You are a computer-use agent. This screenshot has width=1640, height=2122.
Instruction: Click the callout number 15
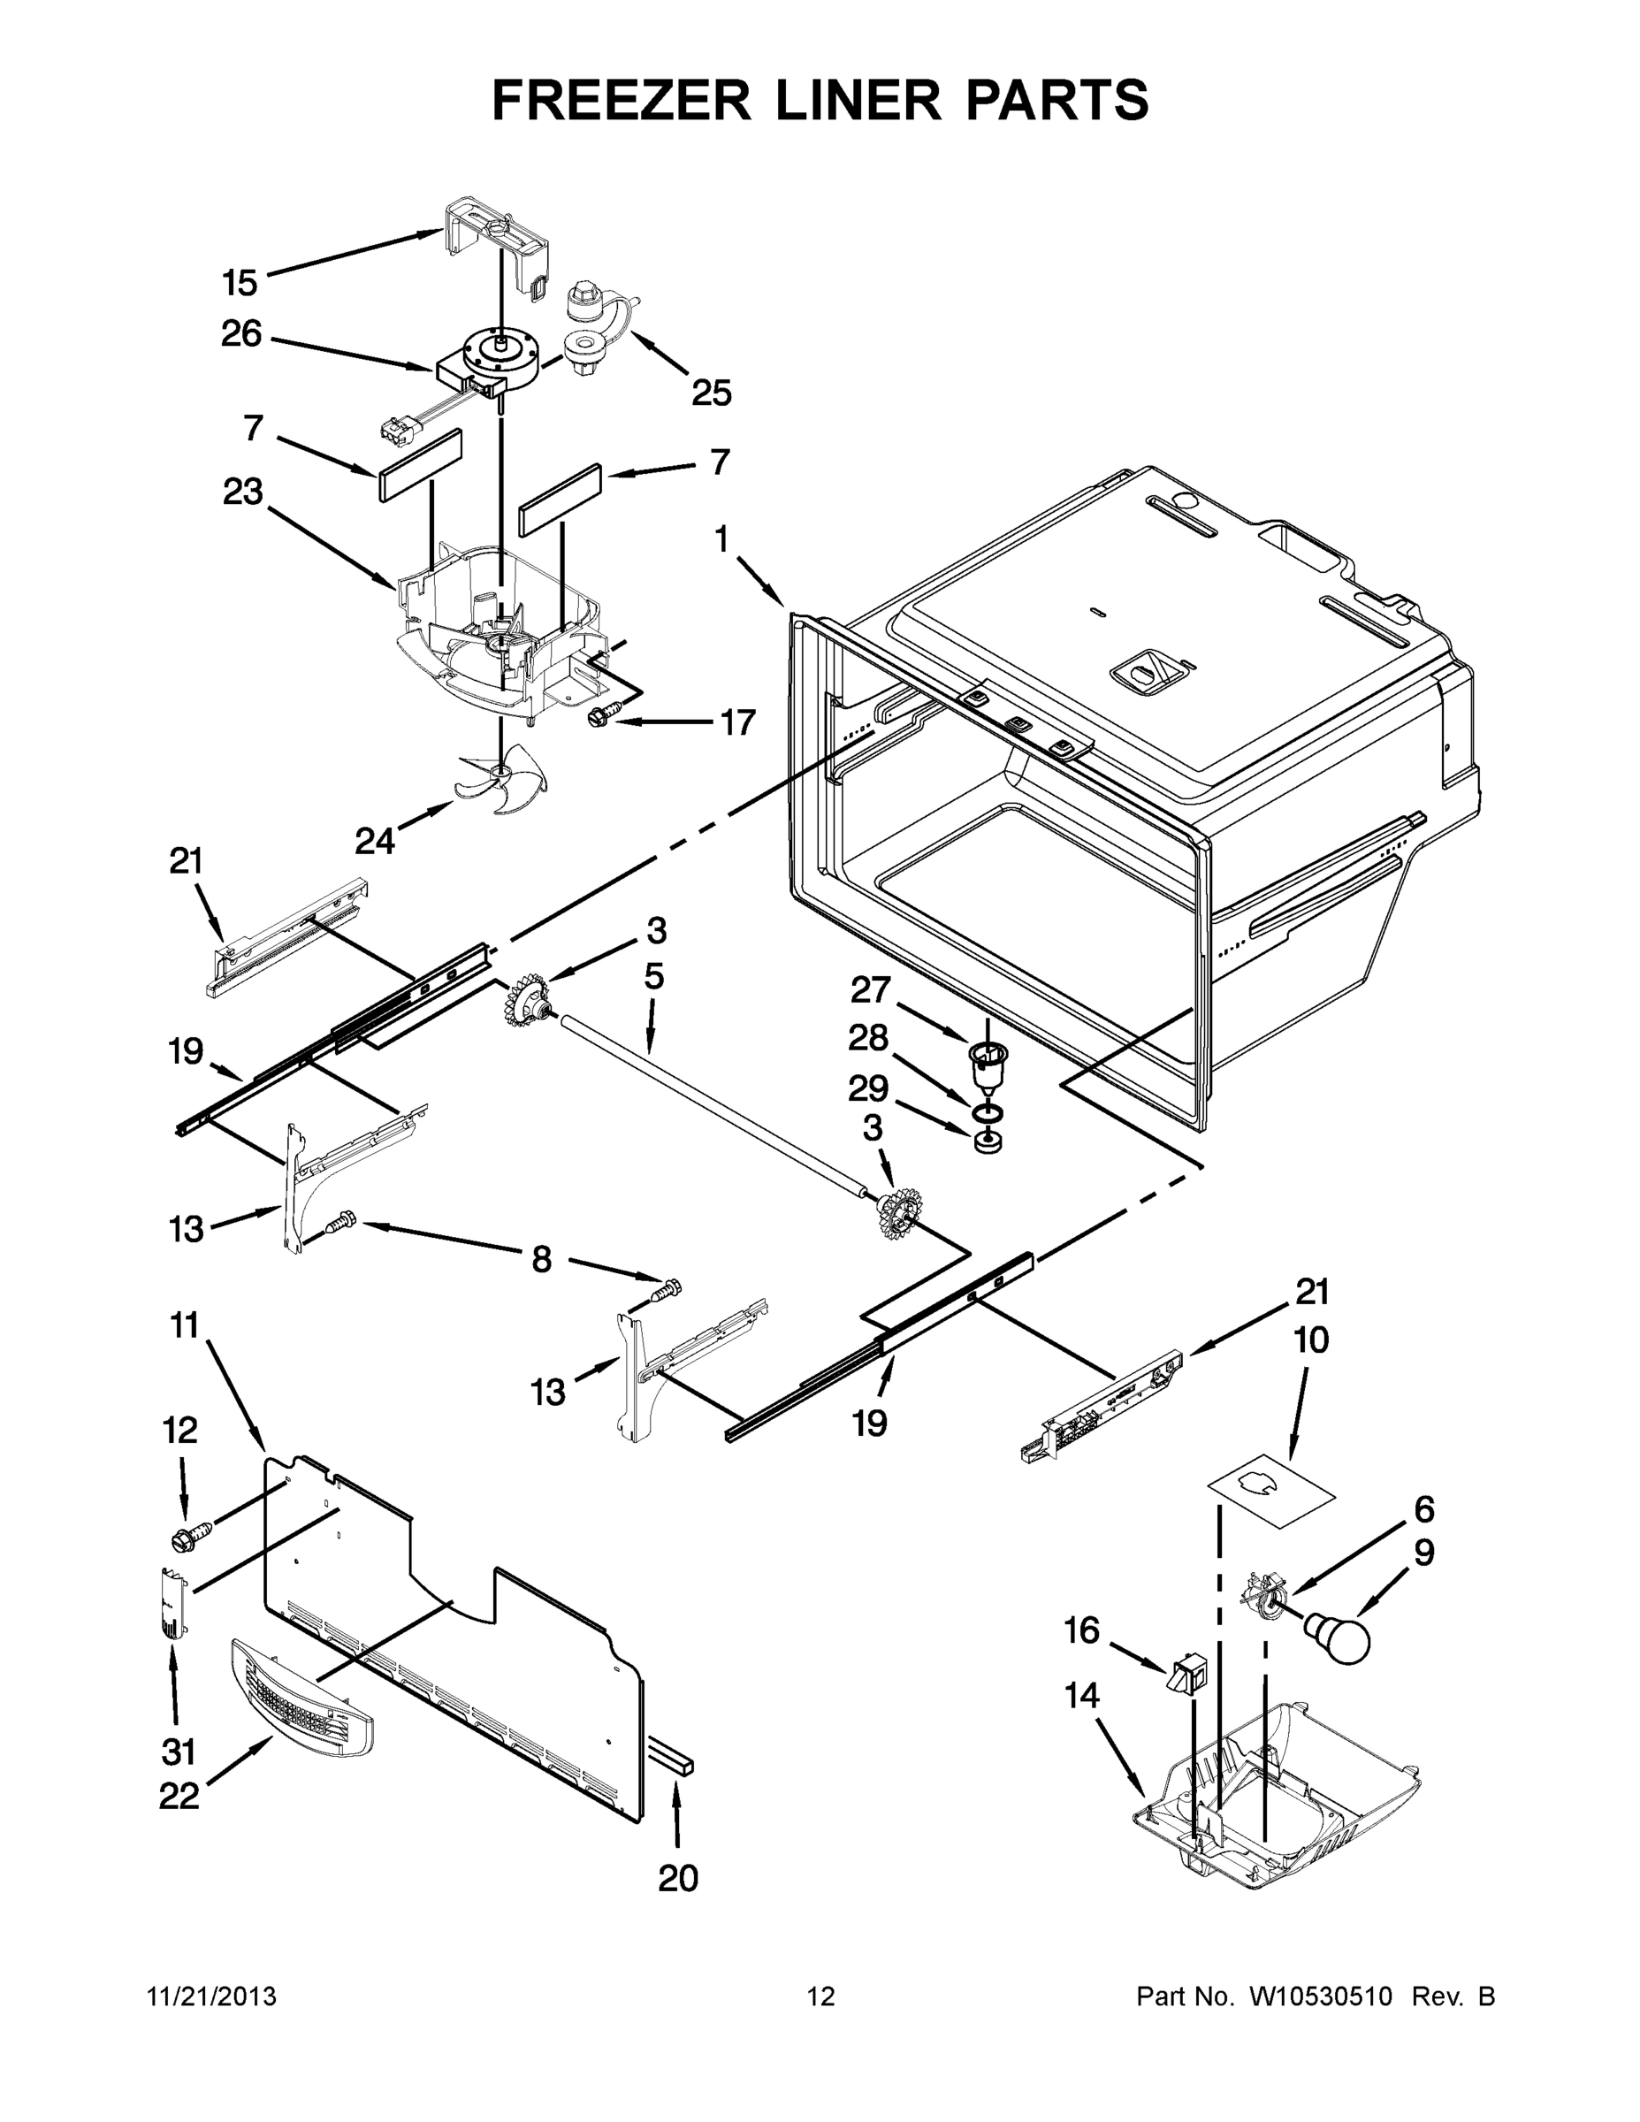click(239, 284)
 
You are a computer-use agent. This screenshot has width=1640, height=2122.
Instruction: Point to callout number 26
click(241, 333)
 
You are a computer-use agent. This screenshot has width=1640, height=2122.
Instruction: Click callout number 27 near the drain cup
click(870, 990)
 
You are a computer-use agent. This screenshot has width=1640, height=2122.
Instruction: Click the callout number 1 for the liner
click(720, 539)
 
